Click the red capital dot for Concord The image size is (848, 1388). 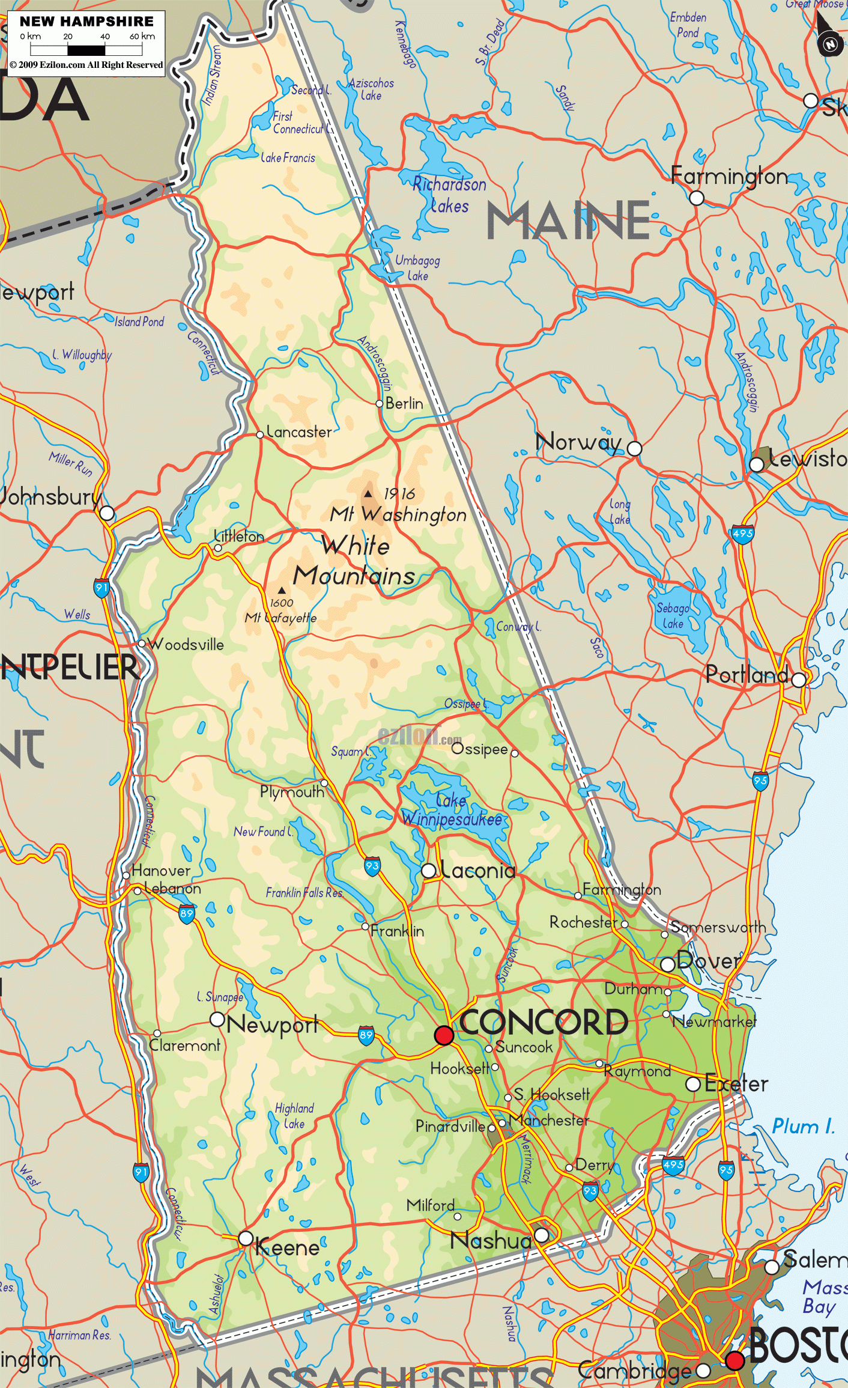pos(444,1035)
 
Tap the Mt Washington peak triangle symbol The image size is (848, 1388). pos(368,494)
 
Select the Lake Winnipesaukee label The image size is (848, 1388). pos(452,809)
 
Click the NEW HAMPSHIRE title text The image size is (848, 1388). pos(86,22)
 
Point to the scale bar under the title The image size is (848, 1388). pos(86,50)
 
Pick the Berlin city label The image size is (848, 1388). pos(404,403)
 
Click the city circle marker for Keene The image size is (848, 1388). pos(246,1238)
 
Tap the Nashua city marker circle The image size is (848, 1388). pos(541,1235)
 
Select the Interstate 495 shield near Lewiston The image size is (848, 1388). pos(742,533)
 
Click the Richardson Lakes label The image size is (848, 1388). pos(449,195)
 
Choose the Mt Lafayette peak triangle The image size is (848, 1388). pos(282,590)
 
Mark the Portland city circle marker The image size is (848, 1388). pos(798,680)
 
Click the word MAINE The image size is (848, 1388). pos(568,221)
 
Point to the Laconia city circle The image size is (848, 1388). pos(428,871)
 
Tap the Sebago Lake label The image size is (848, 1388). pos(673,615)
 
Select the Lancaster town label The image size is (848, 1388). pos(298,432)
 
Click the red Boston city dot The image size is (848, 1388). pos(734,1360)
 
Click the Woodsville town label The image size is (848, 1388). pos(186,645)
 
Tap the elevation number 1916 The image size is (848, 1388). pos(399,494)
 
